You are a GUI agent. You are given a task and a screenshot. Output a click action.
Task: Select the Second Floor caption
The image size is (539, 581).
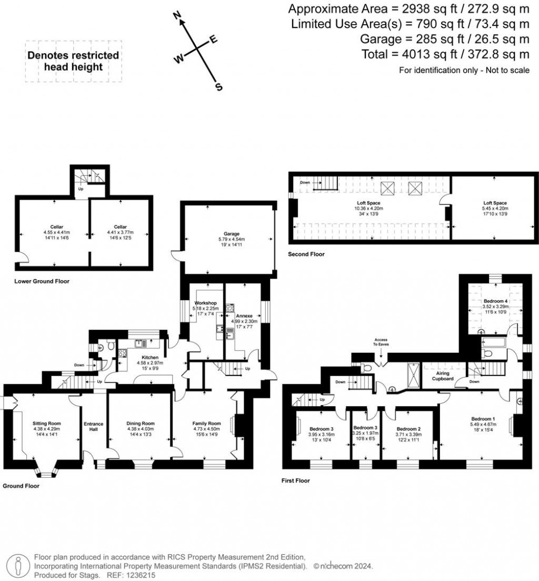306,254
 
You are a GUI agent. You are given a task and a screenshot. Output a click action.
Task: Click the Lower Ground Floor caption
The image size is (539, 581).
42,281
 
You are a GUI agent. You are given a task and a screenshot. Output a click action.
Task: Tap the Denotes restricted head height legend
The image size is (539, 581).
73,61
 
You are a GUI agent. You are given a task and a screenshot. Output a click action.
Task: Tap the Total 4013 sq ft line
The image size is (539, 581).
445,54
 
